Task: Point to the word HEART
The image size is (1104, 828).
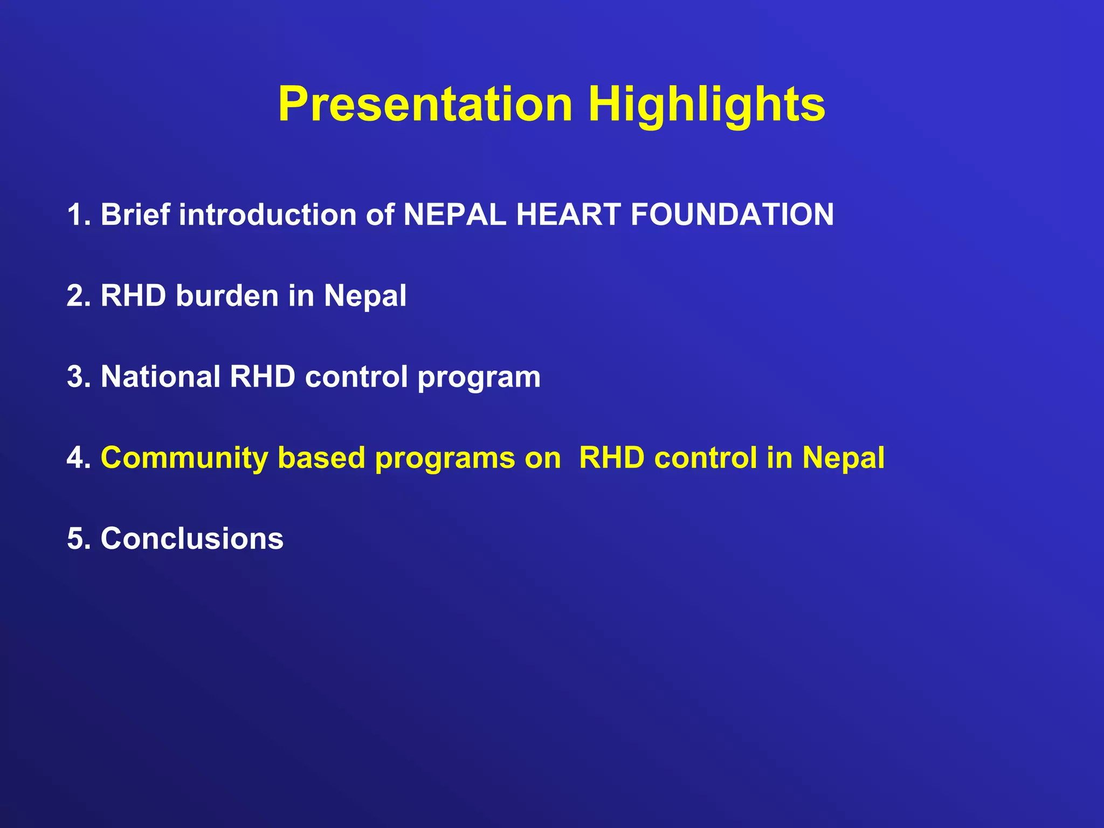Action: tap(568, 215)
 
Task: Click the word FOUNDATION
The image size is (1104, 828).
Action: tap(732, 215)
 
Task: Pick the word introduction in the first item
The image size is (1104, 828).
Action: tap(268, 215)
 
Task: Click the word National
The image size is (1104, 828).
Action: tap(161, 376)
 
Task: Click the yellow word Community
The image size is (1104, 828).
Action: tap(184, 458)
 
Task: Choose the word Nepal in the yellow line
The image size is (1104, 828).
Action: tap(843, 458)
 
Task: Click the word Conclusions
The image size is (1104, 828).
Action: tap(192, 539)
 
